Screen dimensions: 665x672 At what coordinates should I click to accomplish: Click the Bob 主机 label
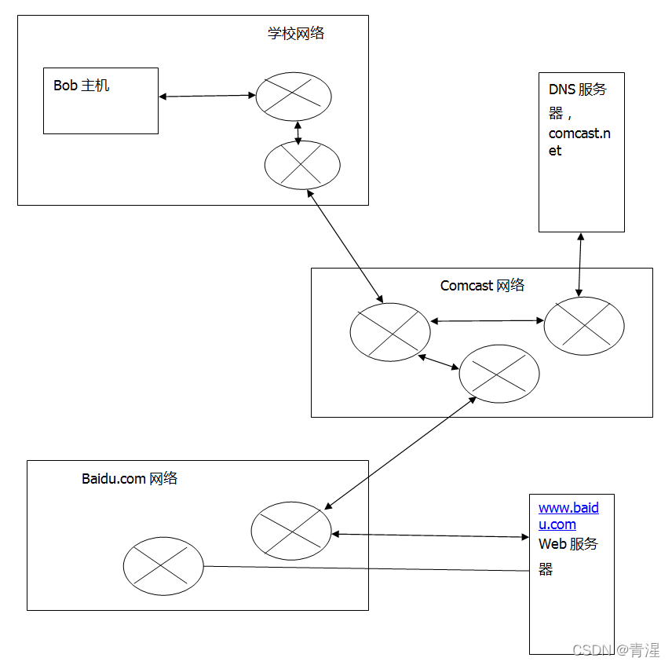pyautogui.click(x=81, y=86)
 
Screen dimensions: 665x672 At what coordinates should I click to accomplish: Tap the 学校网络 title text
pyautogui.click(x=295, y=34)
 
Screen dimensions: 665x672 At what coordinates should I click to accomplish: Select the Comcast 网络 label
pyautogui.click(x=482, y=286)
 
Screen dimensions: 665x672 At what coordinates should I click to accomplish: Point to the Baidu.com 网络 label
pyautogui.click(x=130, y=478)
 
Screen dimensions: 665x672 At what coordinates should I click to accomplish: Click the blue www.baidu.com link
pyautogui.click(x=568, y=516)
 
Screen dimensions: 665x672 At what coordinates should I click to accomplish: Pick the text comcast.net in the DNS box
pyautogui.click(x=579, y=141)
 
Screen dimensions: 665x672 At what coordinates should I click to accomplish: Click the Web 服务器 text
pyautogui.click(x=568, y=544)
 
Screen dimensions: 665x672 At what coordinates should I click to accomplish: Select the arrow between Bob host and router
pyautogui.click(x=207, y=96)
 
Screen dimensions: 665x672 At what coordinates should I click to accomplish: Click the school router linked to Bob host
pyautogui.click(x=294, y=97)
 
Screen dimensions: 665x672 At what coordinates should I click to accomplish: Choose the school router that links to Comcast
pyautogui.click(x=302, y=165)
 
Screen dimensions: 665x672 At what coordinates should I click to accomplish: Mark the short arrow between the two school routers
pyautogui.click(x=298, y=131)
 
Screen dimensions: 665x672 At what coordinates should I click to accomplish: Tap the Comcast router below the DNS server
pyautogui.click(x=584, y=326)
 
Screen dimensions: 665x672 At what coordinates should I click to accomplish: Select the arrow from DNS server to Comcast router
pyautogui.click(x=580, y=264)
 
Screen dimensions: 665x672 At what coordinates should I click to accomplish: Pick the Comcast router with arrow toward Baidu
pyautogui.click(x=499, y=374)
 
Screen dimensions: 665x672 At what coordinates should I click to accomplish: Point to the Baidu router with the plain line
pyautogui.click(x=163, y=566)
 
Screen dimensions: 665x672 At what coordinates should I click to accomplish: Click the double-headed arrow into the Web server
pyautogui.click(x=430, y=535)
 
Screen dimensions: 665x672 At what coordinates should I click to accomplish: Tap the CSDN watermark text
pyautogui.click(x=616, y=650)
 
